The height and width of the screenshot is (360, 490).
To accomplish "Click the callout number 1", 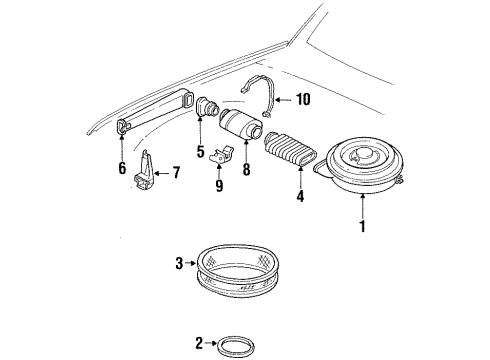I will (363, 226).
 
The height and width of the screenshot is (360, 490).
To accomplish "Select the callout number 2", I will (199, 344).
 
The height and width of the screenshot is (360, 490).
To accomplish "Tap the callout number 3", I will (179, 263).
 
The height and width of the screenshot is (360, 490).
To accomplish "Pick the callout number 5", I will (200, 152).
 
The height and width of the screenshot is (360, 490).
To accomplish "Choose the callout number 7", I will (176, 172).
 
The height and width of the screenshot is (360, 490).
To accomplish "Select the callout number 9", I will (219, 184).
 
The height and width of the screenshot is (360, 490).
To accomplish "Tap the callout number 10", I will (304, 99).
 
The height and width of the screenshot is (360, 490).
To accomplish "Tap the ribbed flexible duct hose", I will (291, 154).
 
